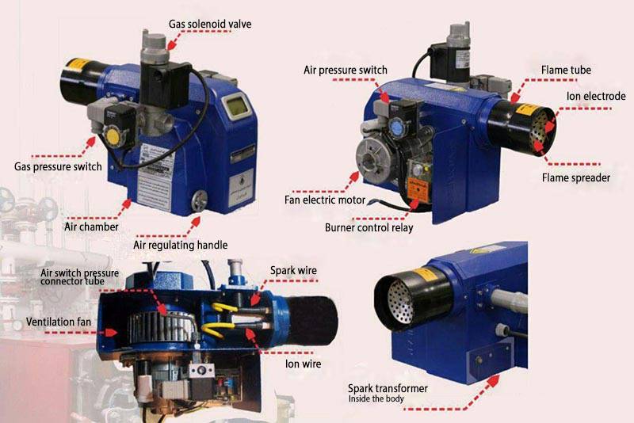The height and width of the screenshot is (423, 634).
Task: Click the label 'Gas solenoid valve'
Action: coord(210,24)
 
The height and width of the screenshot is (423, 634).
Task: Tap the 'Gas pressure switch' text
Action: coord(58,166)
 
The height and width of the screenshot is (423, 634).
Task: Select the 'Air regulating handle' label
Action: coord(181,245)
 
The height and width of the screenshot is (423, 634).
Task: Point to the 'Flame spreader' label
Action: coord(576,177)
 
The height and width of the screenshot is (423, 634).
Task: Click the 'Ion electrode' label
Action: coord(596,96)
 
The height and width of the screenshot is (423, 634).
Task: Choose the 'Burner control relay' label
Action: coord(369,227)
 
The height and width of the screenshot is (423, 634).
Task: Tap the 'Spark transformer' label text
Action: coord(388,388)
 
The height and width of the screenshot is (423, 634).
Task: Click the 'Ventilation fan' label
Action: coord(59,322)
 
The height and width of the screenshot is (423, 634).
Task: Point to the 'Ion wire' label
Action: coord(303,364)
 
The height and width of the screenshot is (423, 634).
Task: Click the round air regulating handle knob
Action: coord(199,200)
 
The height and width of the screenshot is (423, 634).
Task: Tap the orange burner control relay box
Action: coord(418,189)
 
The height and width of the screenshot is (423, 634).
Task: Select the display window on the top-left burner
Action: coord(236,106)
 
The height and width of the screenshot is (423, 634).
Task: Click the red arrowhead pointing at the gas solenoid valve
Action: coord(171,44)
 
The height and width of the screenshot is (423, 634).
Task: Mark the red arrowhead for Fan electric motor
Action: coord(354,177)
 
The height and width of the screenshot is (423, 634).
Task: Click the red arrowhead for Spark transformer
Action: coord(492,381)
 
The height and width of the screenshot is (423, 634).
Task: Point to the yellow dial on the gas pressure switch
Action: coord(112,134)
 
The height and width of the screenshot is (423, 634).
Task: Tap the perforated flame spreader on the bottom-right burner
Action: coord(400,302)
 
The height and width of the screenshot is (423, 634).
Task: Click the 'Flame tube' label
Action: coord(566,70)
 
